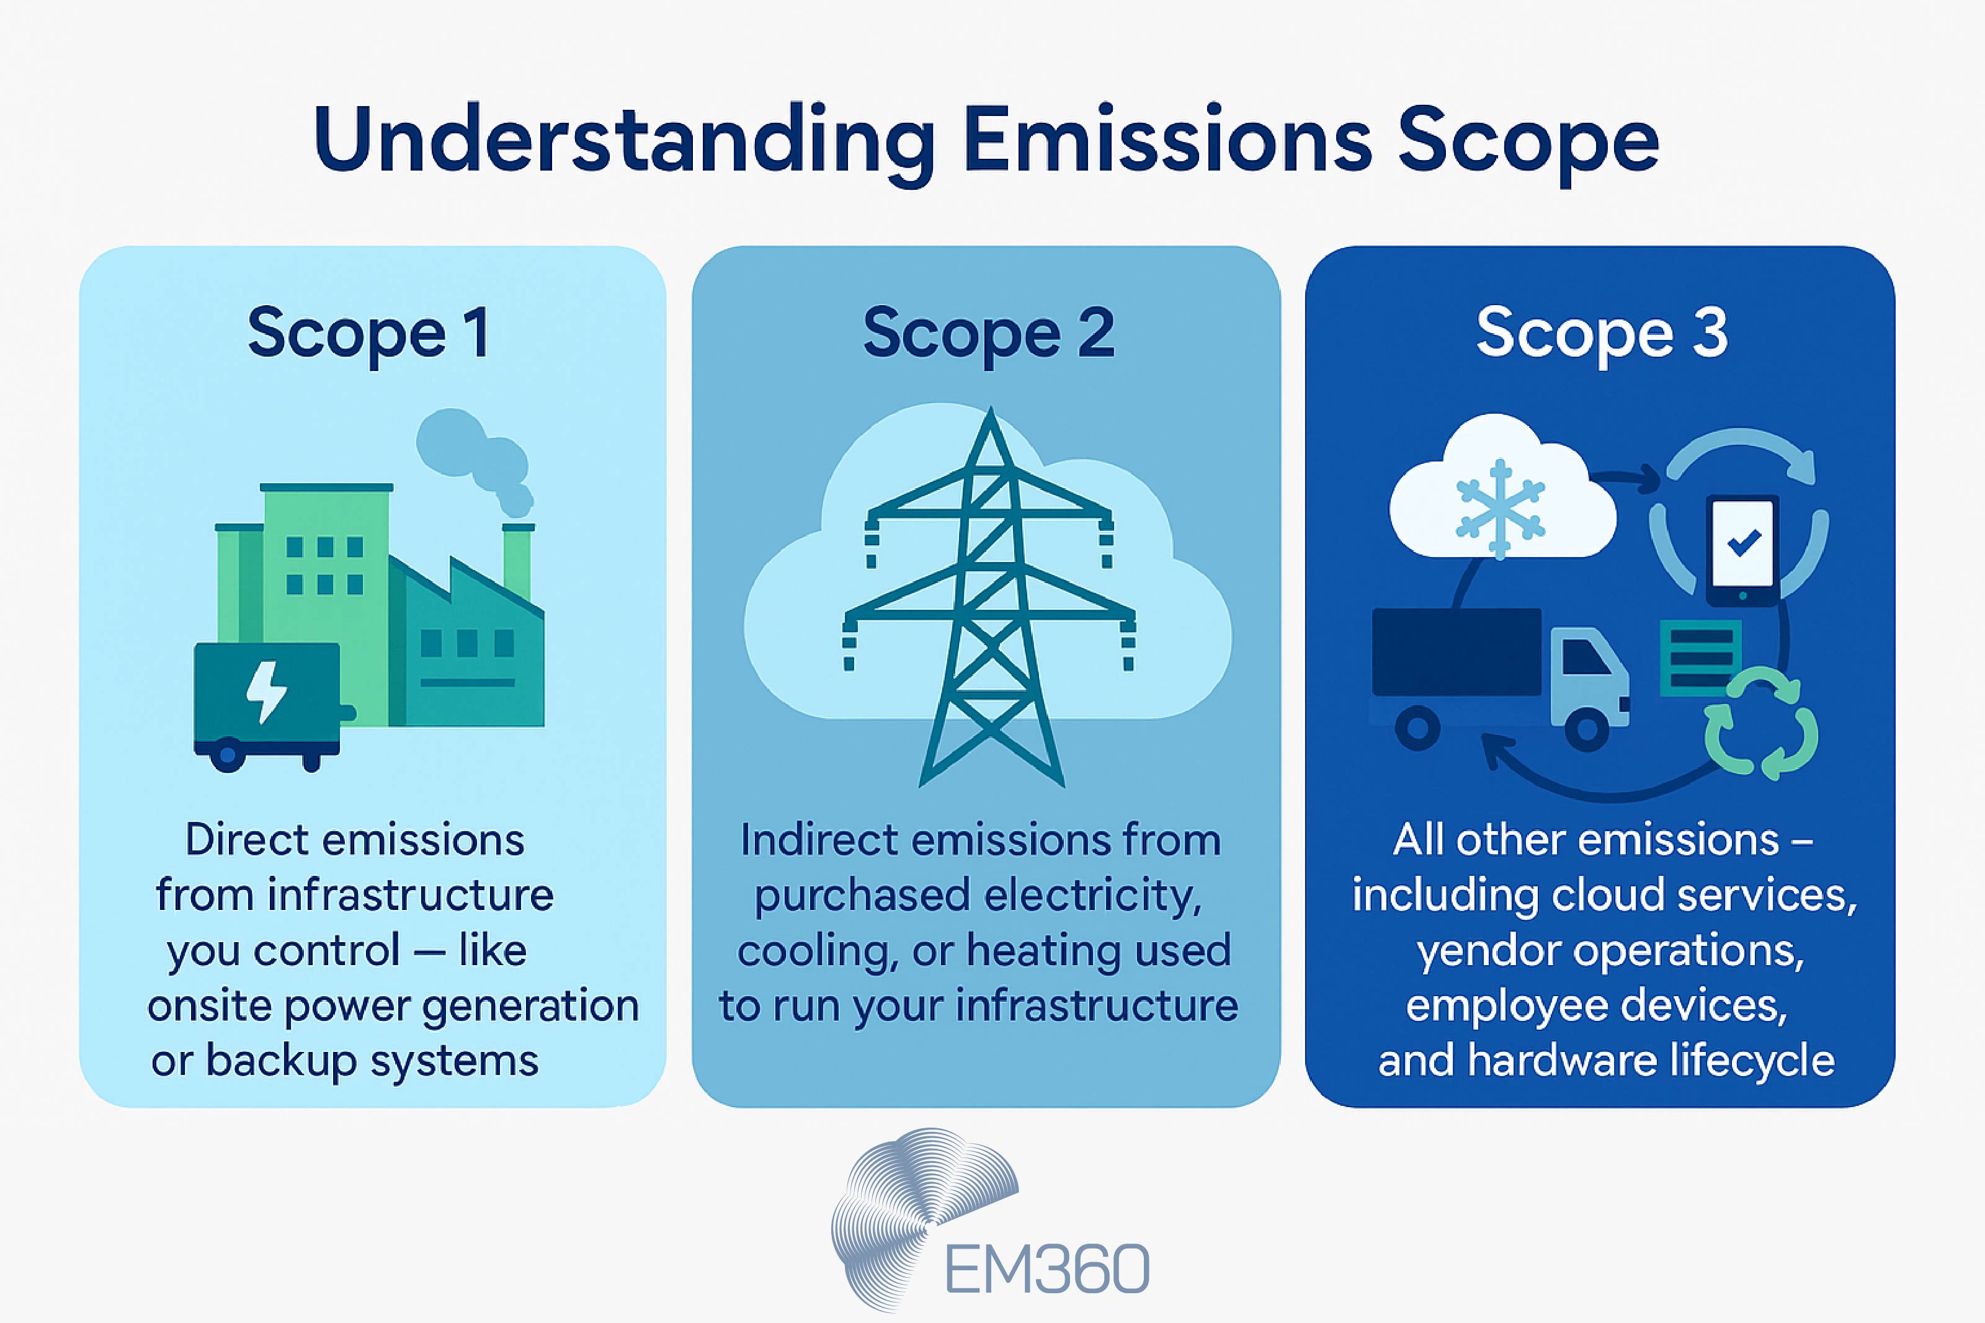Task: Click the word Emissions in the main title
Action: pos(1167,140)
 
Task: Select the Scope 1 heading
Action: pos(368,332)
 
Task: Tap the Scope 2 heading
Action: pos(988,332)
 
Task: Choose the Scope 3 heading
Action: pos(1601,332)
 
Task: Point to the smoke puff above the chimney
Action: pos(473,452)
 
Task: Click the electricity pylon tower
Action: pos(991,607)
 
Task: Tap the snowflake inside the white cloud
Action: pos(1500,509)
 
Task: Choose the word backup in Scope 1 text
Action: pos(281,1061)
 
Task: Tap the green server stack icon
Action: pos(1700,658)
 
